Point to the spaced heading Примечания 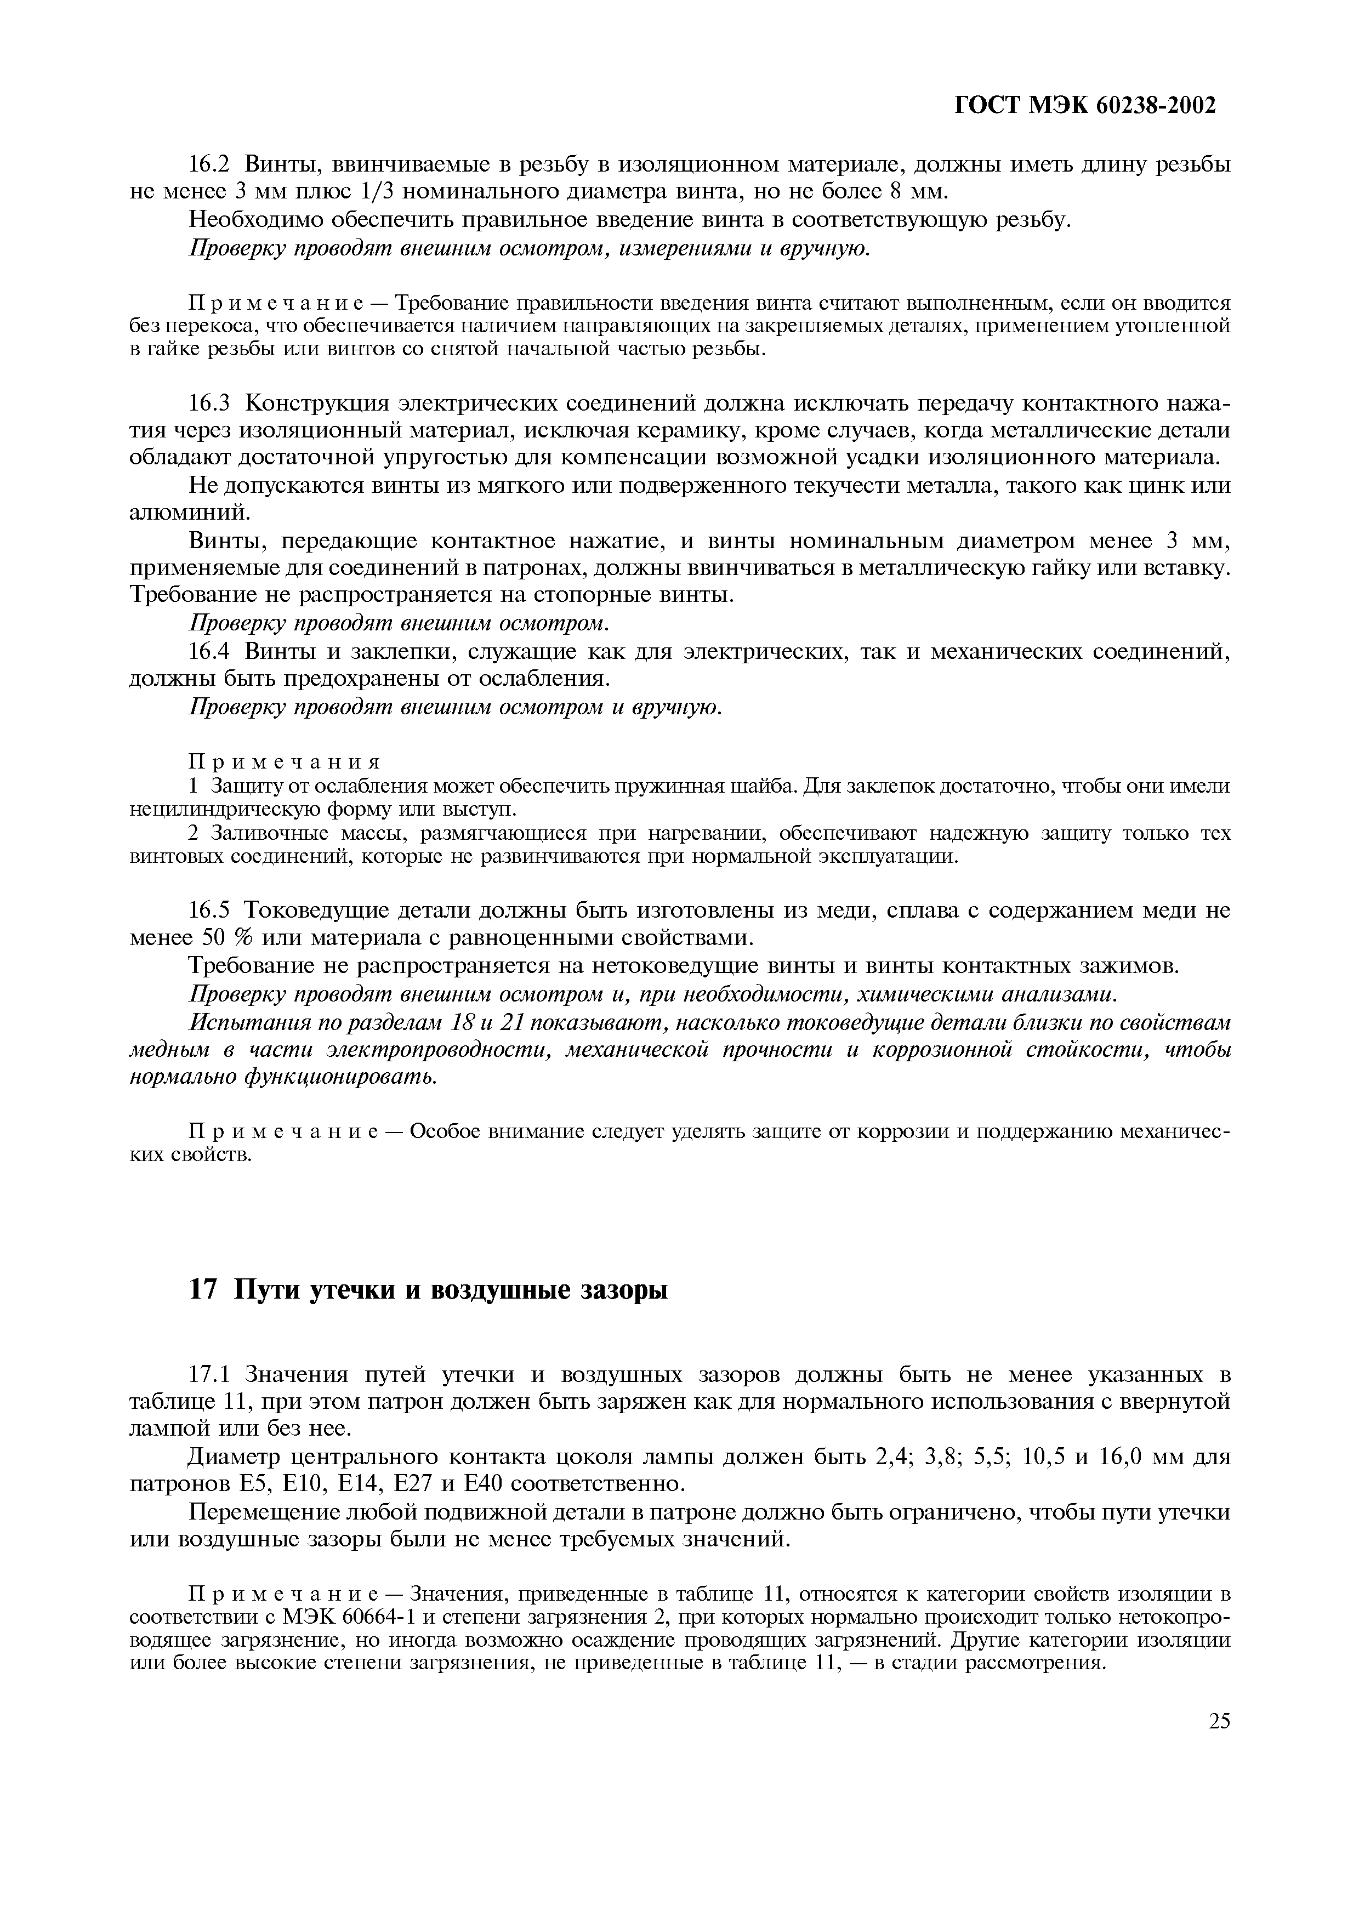[x=285, y=762]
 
